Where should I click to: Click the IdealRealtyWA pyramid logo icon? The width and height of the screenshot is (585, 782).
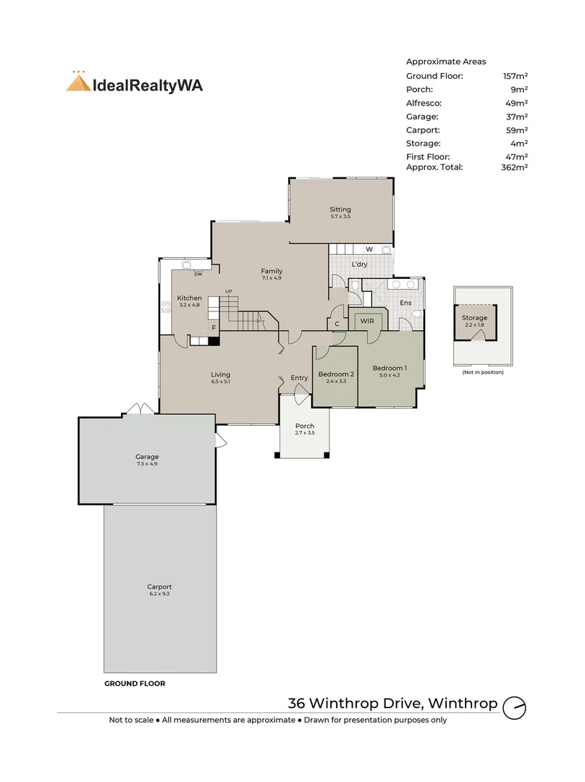78,82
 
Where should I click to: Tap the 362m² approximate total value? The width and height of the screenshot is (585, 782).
514,167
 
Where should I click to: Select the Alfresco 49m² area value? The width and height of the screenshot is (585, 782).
516,104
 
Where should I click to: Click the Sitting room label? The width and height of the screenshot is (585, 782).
340,209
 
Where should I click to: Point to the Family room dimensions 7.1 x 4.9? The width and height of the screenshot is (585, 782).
272,278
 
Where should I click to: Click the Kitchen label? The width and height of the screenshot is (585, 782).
190,298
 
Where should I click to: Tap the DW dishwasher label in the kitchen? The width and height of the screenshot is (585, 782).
198,274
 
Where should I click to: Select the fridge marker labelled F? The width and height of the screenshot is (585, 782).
214,328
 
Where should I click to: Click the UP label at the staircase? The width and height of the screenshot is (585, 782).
228,291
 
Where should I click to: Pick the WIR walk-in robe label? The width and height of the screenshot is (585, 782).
367,321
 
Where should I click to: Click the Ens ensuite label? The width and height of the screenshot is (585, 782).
405,303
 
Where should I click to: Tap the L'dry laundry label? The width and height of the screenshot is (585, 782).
360,264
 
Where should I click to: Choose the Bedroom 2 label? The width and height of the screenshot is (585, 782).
336,374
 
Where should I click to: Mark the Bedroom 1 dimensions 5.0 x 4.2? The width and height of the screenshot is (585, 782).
390,375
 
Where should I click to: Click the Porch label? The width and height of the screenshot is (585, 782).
305,426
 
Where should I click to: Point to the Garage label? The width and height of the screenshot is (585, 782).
147,456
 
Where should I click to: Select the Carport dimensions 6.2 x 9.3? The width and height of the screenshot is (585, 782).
159,594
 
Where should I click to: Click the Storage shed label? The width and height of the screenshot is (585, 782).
474,318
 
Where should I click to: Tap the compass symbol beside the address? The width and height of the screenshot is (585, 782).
514,707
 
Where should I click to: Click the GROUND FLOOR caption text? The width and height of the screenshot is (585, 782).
135,684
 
